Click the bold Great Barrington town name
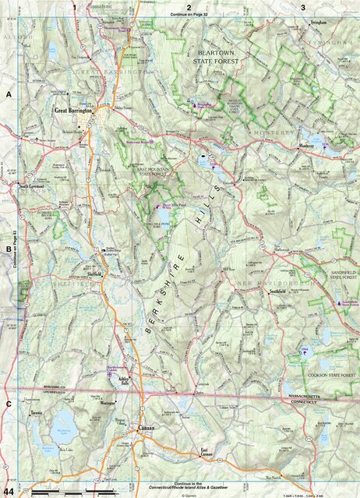click(73, 111)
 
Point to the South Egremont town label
click(34, 187)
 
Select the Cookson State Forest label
click(323, 375)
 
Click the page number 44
click(8, 491)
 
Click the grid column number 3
click(302, 6)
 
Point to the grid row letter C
click(9, 404)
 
